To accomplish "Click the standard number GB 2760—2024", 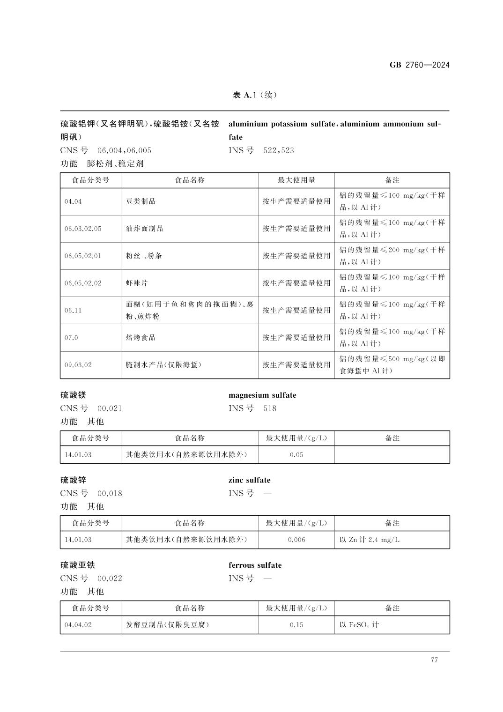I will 419,65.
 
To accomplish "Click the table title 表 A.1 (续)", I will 255,95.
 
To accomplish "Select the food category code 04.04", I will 73,201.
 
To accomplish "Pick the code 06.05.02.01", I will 83,256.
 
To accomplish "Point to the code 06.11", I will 73,310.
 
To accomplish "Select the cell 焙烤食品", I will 141,337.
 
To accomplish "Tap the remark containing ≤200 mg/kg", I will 392,256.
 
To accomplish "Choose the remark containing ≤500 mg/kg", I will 392,364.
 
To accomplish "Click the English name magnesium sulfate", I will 262,395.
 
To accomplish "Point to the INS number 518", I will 270,408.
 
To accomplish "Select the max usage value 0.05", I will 296,454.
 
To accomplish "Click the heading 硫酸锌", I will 73,480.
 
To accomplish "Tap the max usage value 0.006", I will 296,540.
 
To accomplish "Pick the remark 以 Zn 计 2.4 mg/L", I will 370,540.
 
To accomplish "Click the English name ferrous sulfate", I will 255,565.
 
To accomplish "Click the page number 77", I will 434,660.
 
